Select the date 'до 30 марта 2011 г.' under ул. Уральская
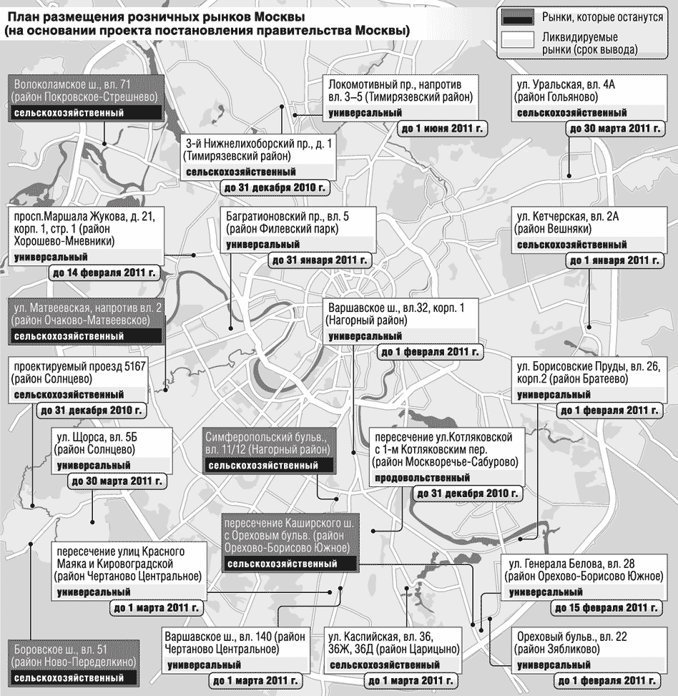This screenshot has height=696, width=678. tap(613, 128)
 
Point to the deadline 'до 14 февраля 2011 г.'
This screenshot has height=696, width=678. tap(103, 273)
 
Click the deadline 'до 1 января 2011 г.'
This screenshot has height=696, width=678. tap(614, 260)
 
